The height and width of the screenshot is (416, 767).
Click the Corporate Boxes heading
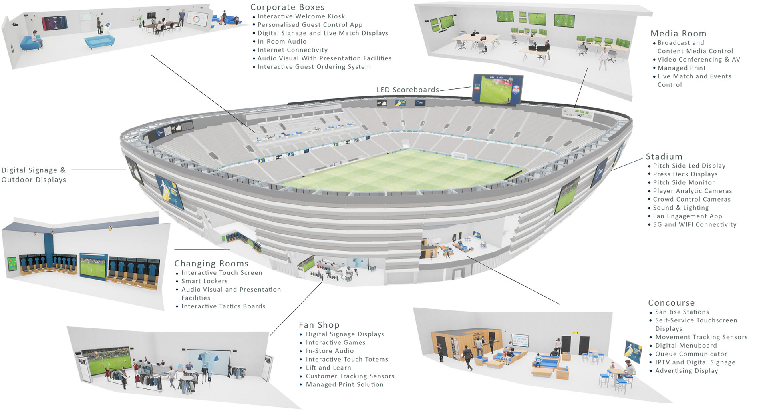point(287,7)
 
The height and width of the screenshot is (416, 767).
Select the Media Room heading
point(678,34)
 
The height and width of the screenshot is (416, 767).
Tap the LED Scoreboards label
point(407,90)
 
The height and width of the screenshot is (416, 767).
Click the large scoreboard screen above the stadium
point(497,89)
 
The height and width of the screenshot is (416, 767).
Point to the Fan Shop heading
point(319,325)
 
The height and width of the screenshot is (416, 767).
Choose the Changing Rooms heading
point(211,264)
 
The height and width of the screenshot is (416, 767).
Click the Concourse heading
point(671,303)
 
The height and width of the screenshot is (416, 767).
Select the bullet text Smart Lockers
point(204,281)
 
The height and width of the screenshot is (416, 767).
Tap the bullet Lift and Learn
point(328,368)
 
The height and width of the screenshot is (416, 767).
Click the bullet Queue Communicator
point(691,354)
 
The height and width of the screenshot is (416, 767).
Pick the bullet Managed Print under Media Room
point(682,68)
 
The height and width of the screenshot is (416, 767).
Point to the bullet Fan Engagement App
point(687,216)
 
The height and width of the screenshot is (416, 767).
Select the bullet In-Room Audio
point(282,42)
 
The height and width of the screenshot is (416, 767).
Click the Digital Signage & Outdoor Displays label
point(34,175)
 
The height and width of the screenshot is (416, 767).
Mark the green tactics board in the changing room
point(12,264)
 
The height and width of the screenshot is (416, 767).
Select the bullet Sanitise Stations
point(682,312)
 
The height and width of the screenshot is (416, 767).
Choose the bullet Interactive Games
point(336,342)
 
